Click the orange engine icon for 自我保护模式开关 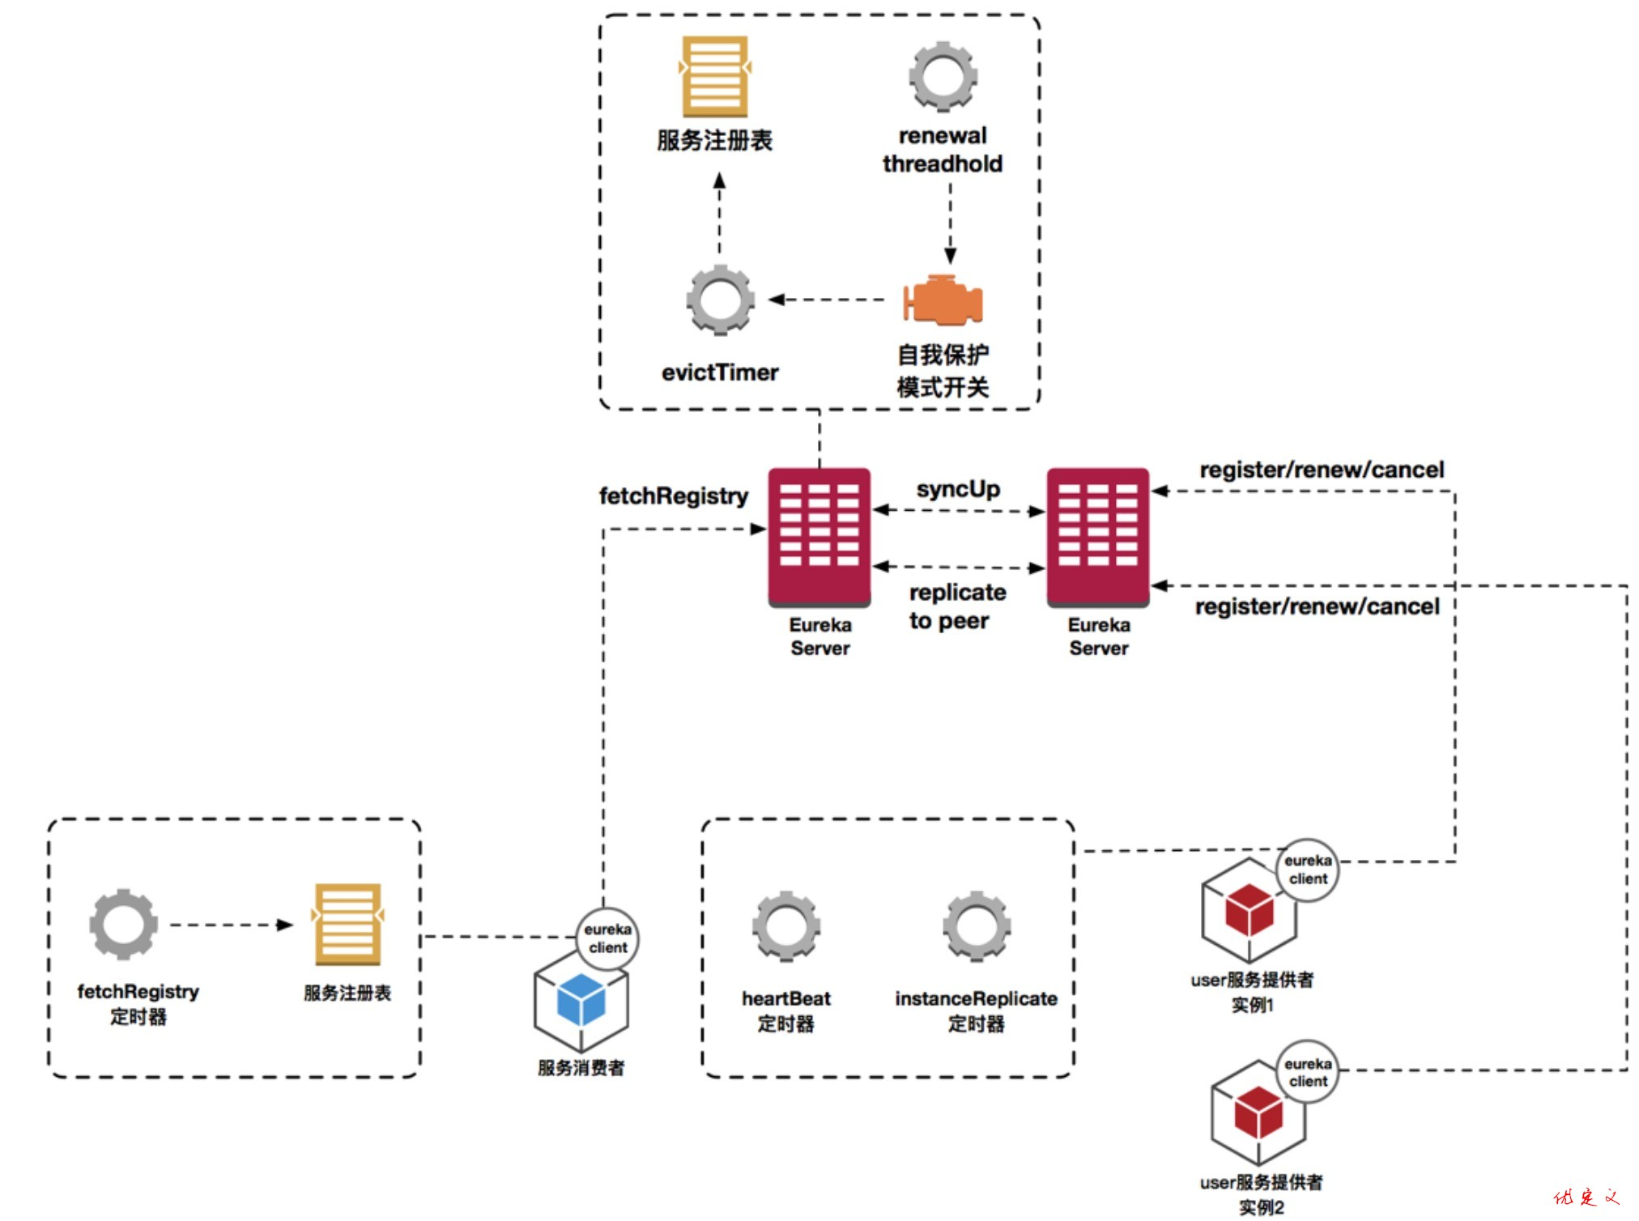point(943,300)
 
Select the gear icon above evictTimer point(720,300)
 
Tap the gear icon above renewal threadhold point(943,77)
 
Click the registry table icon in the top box point(714,77)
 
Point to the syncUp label point(958,489)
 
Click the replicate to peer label point(956,606)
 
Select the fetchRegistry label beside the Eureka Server point(673,496)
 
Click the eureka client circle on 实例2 point(1308,1072)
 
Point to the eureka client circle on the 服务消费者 point(607,938)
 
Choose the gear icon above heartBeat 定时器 point(785,925)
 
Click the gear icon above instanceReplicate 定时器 point(977,925)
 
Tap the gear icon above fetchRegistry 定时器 point(123,925)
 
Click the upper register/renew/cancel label point(1322,470)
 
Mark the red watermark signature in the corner point(1586,1197)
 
